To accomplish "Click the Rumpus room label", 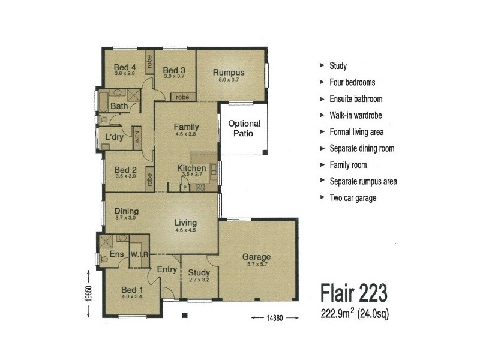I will click(x=229, y=72).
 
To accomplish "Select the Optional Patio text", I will click(x=244, y=128).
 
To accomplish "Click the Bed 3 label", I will click(x=174, y=70).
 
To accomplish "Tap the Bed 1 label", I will click(x=132, y=288).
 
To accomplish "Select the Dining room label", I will click(x=126, y=211).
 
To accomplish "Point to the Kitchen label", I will click(x=191, y=169).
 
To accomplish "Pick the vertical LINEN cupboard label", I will click(x=137, y=138).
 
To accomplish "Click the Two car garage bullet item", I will click(x=353, y=198).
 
